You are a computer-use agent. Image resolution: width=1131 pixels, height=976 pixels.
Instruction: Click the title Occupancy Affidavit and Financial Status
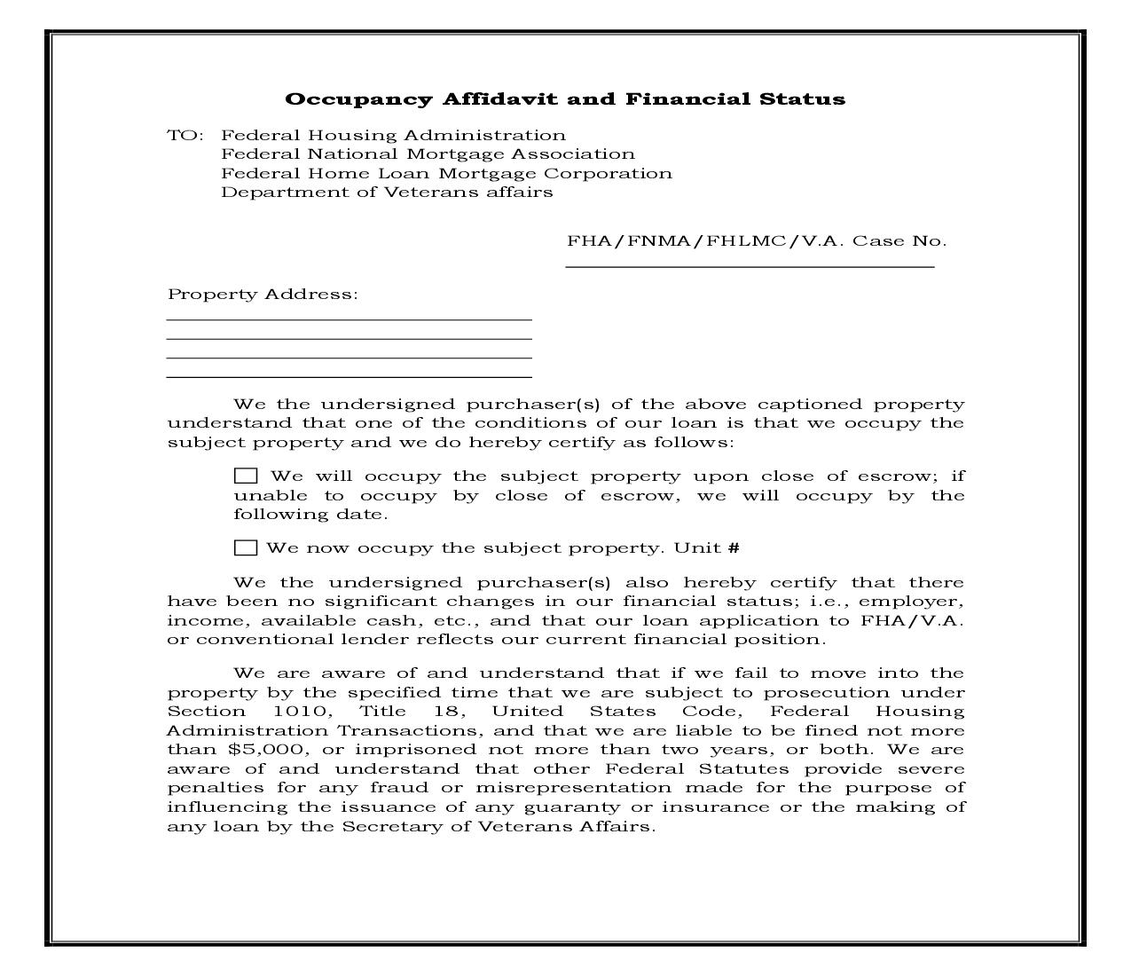tap(565, 99)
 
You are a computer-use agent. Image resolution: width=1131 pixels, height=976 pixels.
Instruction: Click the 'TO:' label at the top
tap(185, 136)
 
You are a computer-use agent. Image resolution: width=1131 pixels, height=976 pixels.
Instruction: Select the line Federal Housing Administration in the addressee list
tap(393, 136)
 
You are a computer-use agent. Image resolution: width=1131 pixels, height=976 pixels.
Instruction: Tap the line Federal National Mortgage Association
tap(428, 154)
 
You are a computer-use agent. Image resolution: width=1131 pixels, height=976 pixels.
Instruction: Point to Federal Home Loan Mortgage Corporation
tap(446, 174)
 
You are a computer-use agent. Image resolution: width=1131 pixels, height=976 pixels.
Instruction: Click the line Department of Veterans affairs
tap(387, 193)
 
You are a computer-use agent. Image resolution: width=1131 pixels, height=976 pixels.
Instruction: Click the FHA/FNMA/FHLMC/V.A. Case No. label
tap(757, 241)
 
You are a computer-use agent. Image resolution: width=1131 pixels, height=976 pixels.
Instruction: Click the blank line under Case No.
tap(750, 264)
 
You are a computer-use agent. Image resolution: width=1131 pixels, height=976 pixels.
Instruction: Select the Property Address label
tap(263, 295)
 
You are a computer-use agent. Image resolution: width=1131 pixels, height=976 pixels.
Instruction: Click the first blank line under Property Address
tap(349, 318)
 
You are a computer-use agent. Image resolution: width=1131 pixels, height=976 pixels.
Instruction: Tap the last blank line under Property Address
tap(349, 376)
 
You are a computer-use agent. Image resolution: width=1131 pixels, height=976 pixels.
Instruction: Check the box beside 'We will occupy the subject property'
tap(246, 476)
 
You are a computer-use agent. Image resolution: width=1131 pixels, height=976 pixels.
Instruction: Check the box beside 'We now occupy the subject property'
tap(246, 547)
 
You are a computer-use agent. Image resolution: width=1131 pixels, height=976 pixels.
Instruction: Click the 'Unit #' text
tap(706, 548)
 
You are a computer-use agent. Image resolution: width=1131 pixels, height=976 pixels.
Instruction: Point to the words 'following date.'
tap(310, 515)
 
